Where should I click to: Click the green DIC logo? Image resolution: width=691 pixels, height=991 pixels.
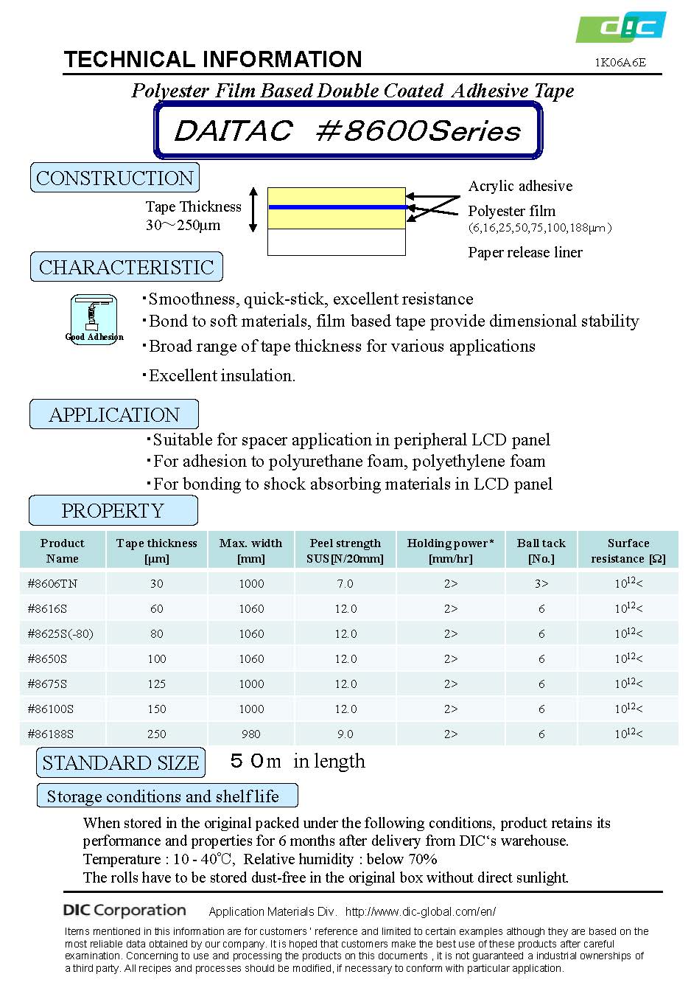[x=621, y=27]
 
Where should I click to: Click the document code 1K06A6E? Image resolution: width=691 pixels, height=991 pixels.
[x=620, y=63]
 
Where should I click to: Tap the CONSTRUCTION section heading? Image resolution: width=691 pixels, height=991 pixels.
[x=115, y=178]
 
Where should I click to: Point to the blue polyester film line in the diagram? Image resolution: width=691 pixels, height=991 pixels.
[x=336, y=207]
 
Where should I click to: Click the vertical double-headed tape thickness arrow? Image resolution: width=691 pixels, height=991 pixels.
[x=253, y=209]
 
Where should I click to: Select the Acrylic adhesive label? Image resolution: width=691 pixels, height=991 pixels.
[x=520, y=186]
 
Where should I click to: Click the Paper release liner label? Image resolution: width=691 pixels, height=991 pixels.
[x=525, y=252]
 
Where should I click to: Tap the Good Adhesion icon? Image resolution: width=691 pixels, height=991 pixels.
[x=94, y=319]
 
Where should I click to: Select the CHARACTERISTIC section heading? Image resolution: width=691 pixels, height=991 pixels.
[x=126, y=267]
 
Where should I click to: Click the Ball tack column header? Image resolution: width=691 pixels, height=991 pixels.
[x=541, y=550]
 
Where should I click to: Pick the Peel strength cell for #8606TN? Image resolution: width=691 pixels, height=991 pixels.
[x=345, y=583]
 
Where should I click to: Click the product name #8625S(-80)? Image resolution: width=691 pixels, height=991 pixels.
[x=60, y=633]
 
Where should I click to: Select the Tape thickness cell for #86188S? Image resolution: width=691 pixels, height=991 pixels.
[x=156, y=734]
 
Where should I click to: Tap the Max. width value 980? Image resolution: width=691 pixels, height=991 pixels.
[x=250, y=734]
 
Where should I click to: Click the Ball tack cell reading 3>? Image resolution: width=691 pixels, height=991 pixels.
[x=541, y=583]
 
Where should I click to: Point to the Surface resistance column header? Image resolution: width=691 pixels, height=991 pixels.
[x=628, y=550]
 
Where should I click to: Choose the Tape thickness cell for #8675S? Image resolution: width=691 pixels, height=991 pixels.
[x=156, y=684]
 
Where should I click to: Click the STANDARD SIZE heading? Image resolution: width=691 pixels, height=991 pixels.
[x=121, y=762]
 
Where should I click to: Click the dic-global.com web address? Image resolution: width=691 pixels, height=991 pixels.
[x=421, y=911]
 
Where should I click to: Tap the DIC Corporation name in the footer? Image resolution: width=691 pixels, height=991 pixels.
[x=124, y=911]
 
